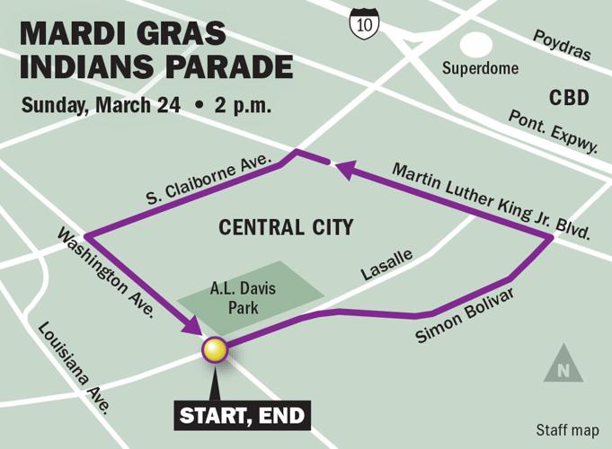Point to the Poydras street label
point(562,44)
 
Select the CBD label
point(569,96)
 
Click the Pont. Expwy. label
point(552,132)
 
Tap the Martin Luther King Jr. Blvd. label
point(491,201)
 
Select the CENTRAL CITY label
point(286,228)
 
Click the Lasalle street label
point(388,266)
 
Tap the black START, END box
point(242,415)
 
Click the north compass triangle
point(563,364)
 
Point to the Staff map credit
point(567,430)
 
